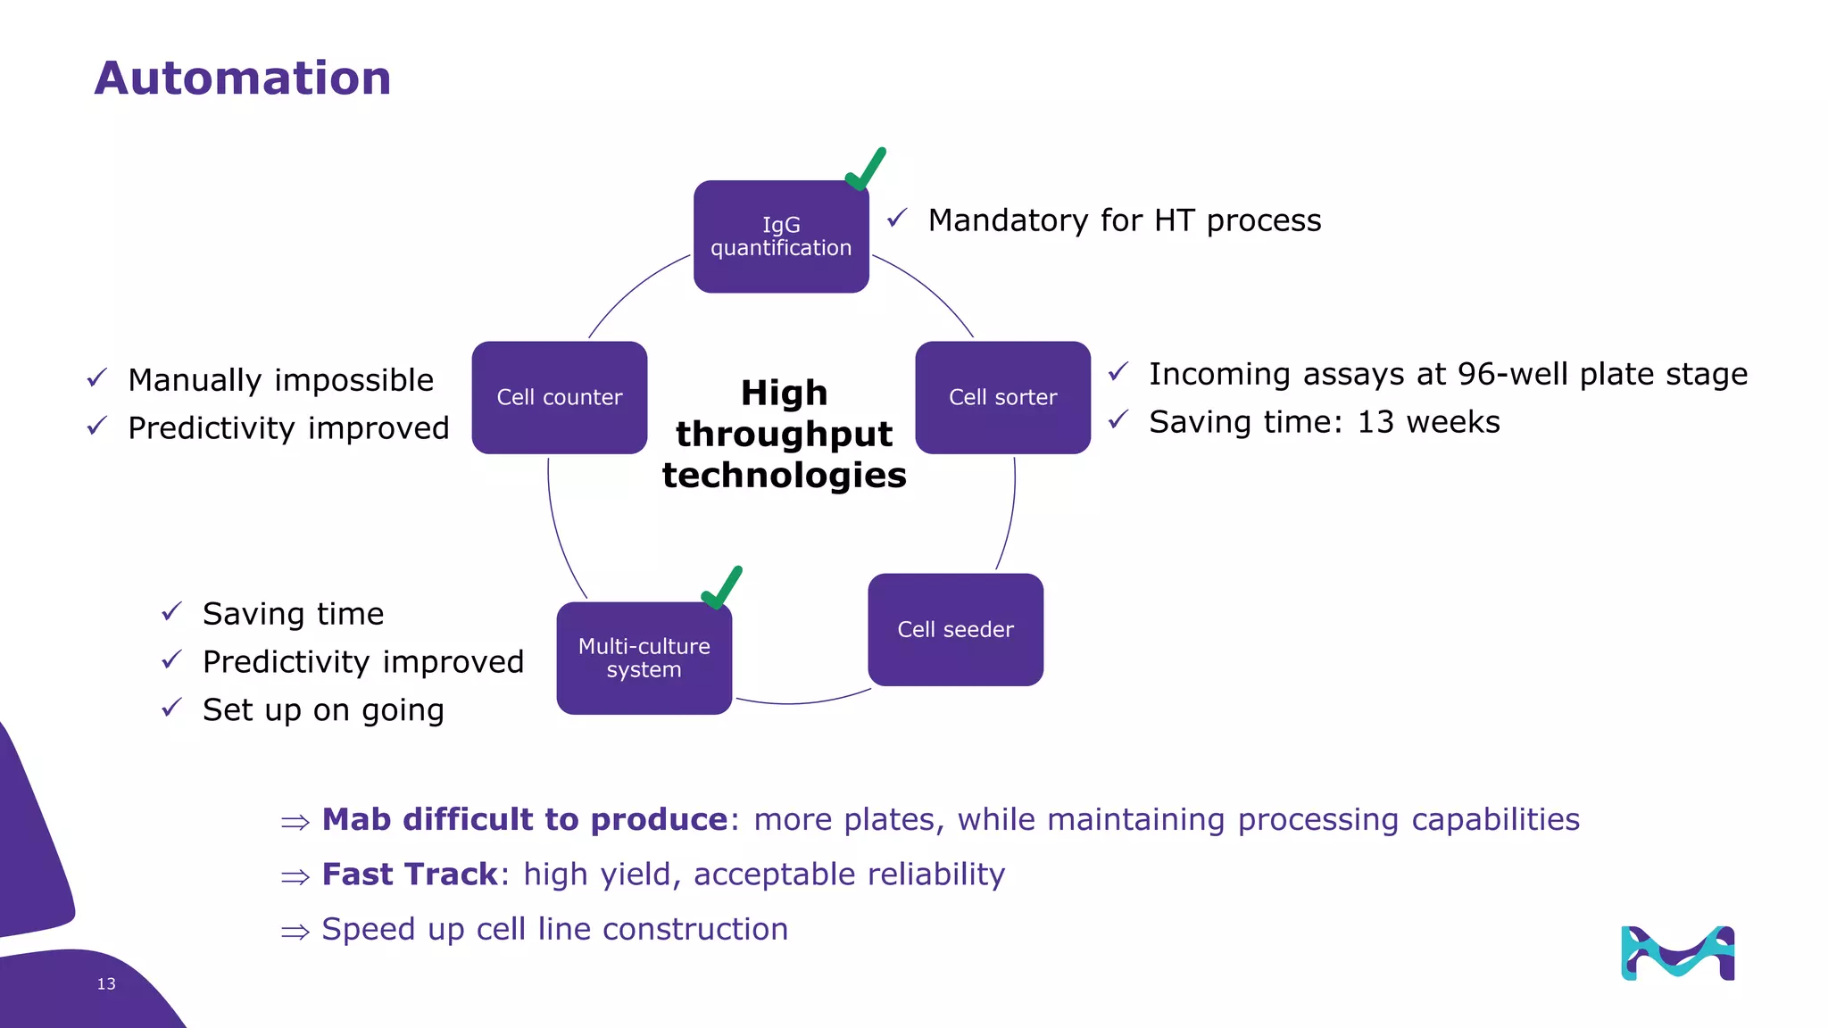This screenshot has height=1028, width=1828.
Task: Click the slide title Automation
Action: (x=242, y=79)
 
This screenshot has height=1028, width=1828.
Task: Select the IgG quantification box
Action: (x=781, y=236)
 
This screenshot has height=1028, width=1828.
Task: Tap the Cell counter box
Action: (x=559, y=397)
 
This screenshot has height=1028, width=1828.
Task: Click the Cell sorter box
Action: (x=1002, y=397)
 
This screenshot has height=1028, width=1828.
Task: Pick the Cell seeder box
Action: (x=955, y=630)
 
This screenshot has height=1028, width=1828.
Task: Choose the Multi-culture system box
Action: (x=644, y=659)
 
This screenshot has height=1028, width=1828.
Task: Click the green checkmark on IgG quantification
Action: (x=865, y=170)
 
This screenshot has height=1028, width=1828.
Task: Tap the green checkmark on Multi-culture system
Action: (x=722, y=588)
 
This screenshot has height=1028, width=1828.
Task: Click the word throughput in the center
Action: (x=784, y=435)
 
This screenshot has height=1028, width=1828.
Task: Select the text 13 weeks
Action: (x=1428, y=422)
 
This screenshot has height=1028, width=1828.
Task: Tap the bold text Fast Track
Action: (x=409, y=875)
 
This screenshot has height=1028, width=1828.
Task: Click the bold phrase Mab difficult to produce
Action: (x=525, y=819)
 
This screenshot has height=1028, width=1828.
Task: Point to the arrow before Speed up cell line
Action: (x=295, y=932)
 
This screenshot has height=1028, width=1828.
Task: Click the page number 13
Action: (x=106, y=983)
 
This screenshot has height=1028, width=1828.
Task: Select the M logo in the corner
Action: (x=1677, y=953)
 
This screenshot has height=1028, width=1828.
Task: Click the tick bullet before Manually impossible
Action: (x=97, y=379)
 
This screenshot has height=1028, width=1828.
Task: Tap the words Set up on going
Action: (x=323, y=710)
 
